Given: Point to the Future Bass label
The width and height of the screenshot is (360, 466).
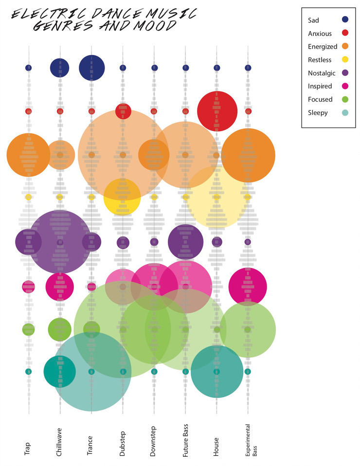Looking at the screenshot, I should click(x=185, y=440).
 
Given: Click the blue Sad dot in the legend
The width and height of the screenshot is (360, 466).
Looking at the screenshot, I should click(x=345, y=20).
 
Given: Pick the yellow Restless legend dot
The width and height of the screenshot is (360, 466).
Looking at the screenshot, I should click(x=345, y=60).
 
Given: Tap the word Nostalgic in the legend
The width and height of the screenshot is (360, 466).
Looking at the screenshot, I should click(x=322, y=73).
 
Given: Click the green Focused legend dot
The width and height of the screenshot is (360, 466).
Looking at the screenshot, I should click(x=345, y=99).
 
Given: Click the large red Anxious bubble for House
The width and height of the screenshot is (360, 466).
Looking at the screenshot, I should click(x=217, y=111).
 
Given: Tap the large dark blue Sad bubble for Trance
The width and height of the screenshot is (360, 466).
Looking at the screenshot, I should click(x=91, y=67).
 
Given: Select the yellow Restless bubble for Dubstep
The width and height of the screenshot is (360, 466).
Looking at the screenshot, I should click(x=122, y=197).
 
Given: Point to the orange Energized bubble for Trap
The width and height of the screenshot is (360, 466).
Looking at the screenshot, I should click(x=28, y=155).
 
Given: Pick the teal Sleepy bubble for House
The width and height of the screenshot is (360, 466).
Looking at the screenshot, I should click(x=217, y=371).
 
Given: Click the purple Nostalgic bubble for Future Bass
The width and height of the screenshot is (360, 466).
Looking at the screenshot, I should click(x=185, y=241).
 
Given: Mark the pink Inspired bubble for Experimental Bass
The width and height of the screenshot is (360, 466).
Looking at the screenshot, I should click(x=248, y=287).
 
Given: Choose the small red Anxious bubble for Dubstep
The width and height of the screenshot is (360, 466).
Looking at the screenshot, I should click(x=123, y=111).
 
